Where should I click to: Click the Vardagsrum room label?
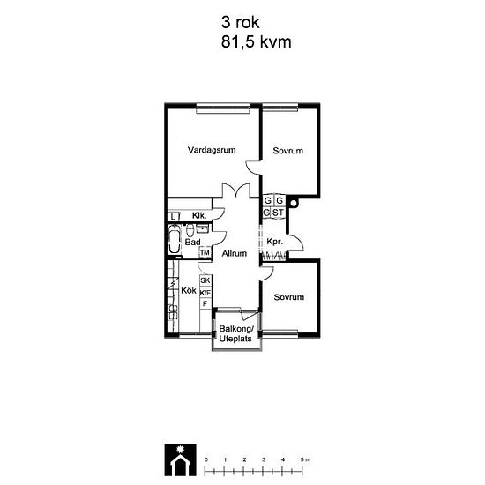coord(212,150)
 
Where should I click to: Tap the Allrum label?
coord(235,254)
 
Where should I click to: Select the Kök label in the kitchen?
coord(189,290)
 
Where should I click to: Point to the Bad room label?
coord(192,242)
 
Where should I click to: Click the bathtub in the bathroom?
coord(175,240)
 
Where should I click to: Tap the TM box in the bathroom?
coord(205,253)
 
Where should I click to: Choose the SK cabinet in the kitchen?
coord(205,280)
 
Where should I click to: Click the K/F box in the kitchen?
coord(205,293)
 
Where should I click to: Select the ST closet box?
coord(278,213)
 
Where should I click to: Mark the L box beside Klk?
coord(174,217)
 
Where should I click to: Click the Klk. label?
coord(199,215)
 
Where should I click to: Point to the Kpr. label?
coord(274,242)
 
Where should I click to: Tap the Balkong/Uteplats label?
coord(236,333)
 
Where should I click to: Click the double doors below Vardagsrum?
coord(236,190)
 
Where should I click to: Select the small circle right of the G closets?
coord(294,203)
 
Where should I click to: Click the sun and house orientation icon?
coord(180,459)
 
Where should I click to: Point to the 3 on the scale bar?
coord(264,459)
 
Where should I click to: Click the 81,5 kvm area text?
coord(256,42)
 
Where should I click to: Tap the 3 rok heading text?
coord(241,23)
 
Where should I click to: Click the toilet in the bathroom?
coord(190,230)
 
